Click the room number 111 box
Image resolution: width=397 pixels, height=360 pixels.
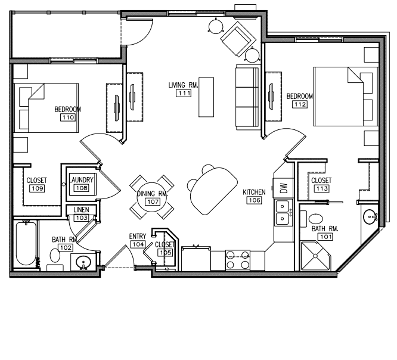point(184,93)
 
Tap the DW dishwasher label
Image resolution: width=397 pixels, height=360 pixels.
point(284,188)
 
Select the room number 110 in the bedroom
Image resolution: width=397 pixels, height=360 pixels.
point(68,117)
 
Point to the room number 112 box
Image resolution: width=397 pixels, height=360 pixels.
point(300,104)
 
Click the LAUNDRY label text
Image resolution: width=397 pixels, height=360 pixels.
point(82,180)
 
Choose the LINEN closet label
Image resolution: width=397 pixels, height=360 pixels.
point(81,210)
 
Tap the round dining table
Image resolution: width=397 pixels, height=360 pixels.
point(151,197)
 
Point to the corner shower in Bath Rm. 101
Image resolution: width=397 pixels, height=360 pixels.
point(315,256)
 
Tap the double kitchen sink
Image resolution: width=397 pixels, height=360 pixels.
point(283,212)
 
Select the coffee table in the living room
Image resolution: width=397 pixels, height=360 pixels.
point(206,97)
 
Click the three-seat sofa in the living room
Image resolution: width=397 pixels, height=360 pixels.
point(247,97)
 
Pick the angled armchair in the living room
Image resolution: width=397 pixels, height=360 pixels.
point(238,39)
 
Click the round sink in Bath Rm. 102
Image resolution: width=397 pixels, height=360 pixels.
point(83,262)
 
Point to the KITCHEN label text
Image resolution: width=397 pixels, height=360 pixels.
point(254,192)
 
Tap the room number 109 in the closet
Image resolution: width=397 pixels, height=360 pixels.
point(37,188)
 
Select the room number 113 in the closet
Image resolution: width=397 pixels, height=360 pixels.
point(322,188)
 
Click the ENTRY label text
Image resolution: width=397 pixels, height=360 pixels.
point(138,236)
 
